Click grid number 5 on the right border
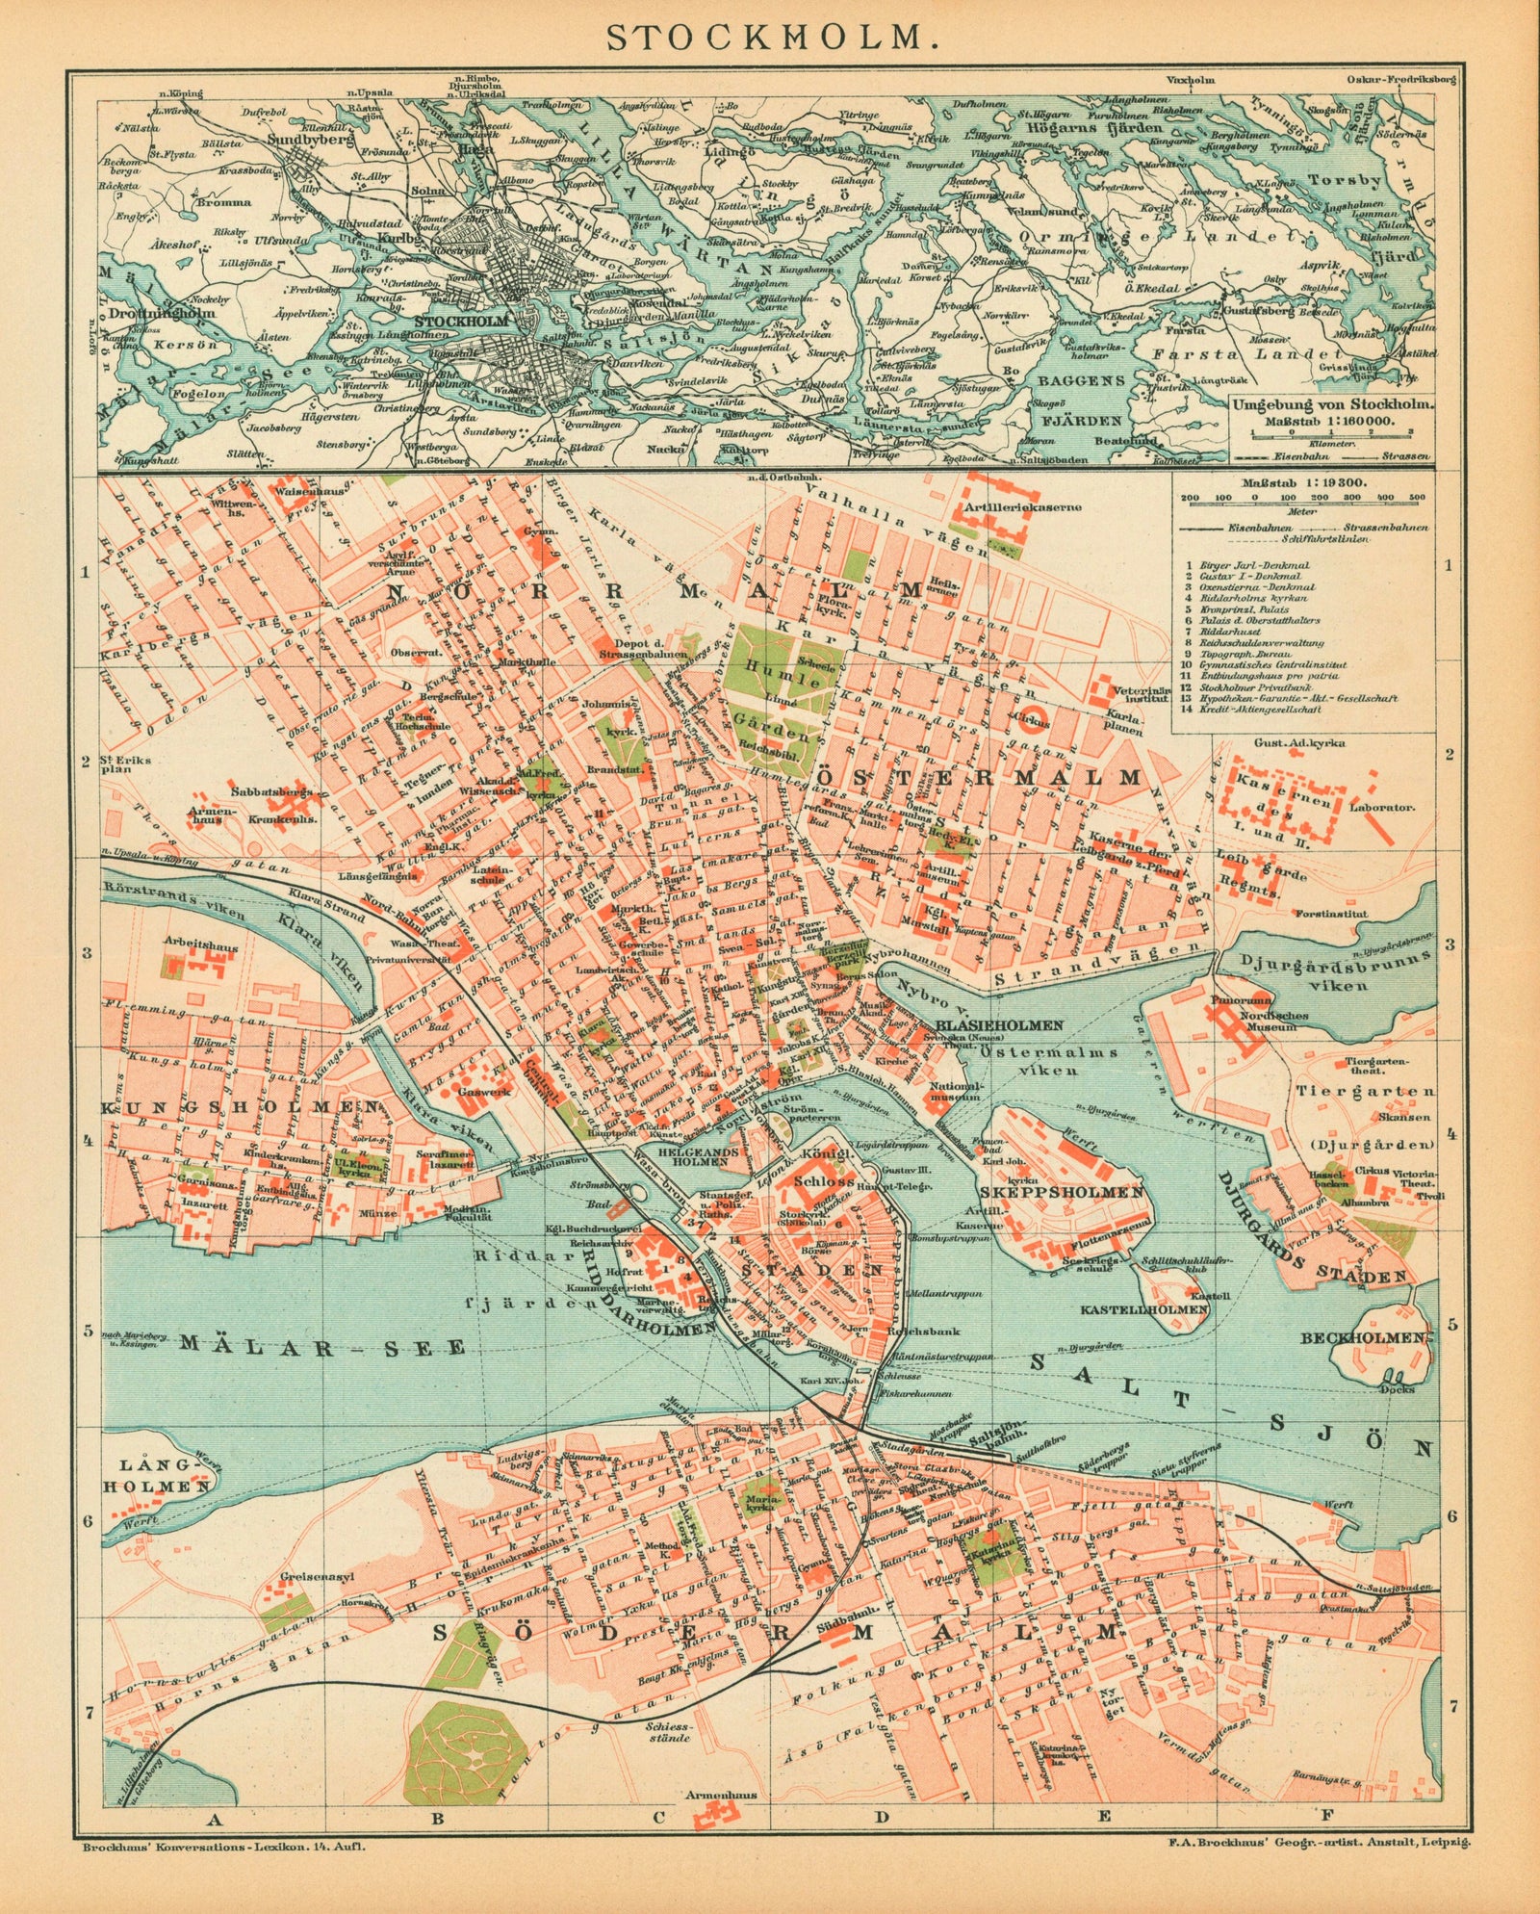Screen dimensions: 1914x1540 [x=1451, y=1326]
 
